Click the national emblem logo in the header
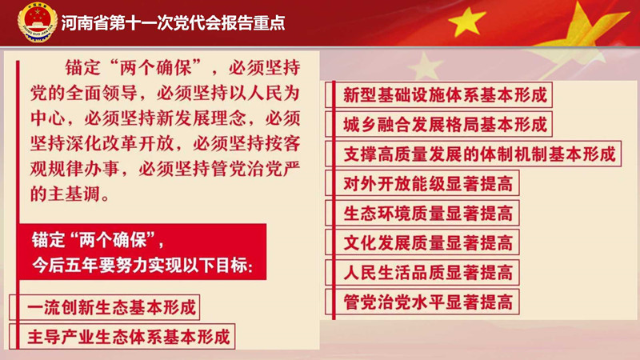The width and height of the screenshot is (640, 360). (37, 22)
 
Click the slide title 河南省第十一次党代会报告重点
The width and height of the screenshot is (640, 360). (173, 23)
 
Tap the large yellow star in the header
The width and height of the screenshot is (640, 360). (466, 22)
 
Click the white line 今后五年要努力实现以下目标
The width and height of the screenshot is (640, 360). (142, 266)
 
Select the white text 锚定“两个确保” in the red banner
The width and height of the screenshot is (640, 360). (98, 240)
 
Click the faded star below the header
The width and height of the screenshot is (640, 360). (425, 66)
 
